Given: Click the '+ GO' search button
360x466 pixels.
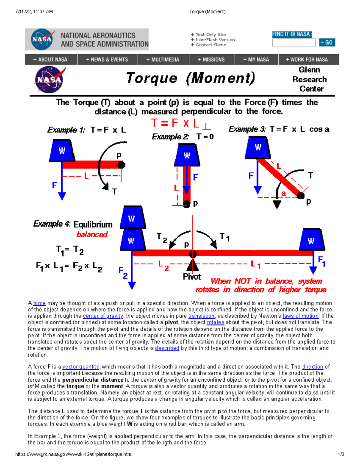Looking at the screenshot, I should tap(327, 43).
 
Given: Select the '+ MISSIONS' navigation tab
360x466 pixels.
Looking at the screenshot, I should tap(211, 60).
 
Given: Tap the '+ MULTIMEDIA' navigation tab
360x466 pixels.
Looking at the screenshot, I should tap(163, 60).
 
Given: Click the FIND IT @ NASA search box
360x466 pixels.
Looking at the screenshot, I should tap(293, 43).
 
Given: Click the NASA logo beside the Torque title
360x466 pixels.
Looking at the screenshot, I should tap(49, 80).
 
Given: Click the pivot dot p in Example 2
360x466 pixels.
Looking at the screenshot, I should tap(187, 204).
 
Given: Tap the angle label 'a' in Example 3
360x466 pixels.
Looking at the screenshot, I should tap(283, 194).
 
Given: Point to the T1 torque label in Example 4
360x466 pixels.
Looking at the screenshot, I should tap(225, 237).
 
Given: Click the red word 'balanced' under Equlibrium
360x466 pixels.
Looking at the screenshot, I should tap(92, 235).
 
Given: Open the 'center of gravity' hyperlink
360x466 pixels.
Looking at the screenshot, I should tap(103, 316).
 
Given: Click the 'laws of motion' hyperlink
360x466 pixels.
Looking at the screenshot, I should tap(301, 316).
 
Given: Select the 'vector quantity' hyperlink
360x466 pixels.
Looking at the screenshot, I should tap(80, 367).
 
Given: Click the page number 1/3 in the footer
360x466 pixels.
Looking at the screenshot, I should tap(341, 454).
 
